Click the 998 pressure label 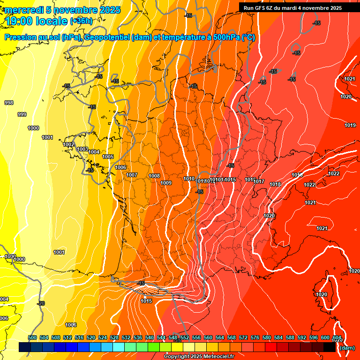tap(8, 103)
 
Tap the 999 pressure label tap(22, 114)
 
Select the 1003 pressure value tap(82, 149)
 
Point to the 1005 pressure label tap(108, 157)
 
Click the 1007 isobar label tap(132, 175)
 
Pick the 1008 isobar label tap(154, 176)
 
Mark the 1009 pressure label tap(166, 183)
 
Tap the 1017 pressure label tap(260, 181)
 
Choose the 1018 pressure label tap(275, 184)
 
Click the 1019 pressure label tap(350, 125)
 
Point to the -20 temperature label tap(41, 303)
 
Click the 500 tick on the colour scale tap(32, 337)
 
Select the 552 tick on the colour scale tap(185, 337)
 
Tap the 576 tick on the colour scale tap(255, 337)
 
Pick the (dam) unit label tap(347, 348)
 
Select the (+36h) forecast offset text tap(81, 21)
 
